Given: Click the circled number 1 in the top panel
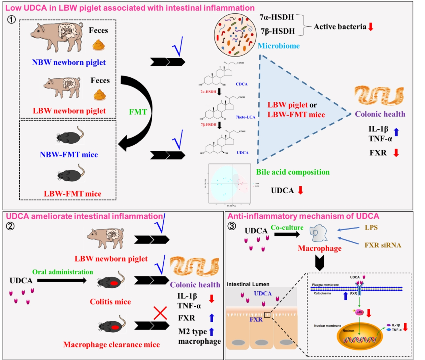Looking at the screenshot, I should click(11, 20).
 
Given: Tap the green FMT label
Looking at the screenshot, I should click(138, 112).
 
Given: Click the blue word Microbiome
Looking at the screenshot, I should click(278, 46).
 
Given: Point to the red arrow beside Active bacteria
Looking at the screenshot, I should click(371, 27).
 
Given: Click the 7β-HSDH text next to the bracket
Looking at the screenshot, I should click(278, 31).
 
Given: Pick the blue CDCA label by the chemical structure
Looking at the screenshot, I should click(242, 84).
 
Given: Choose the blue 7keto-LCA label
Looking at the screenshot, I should click(245, 117).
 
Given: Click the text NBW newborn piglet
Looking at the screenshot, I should click(69, 62).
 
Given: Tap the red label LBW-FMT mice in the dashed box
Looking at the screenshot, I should click(73, 194).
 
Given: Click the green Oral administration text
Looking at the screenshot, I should click(63, 272).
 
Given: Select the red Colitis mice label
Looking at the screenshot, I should click(110, 302).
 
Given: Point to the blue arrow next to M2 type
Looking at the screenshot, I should click(212, 332).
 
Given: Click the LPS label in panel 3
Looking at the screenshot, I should click(371, 228).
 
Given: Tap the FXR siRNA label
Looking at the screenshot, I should click(383, 245).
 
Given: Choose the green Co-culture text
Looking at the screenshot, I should click(287, 228).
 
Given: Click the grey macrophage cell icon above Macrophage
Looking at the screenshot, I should click(318, 233).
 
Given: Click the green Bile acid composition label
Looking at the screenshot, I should click(293, 172).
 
